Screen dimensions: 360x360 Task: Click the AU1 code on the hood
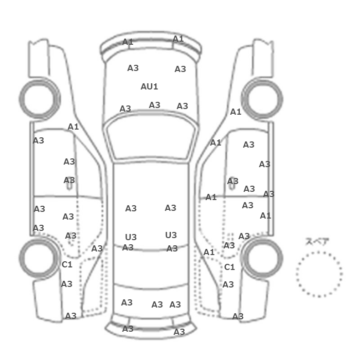(149, 86)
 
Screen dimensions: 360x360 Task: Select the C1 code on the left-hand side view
(67, 264)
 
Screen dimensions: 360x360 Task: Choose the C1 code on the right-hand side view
(229, 267)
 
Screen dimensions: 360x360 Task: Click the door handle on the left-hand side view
(69, 184)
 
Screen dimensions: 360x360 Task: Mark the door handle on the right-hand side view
(232, 184)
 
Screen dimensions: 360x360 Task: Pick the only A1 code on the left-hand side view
(73, 127)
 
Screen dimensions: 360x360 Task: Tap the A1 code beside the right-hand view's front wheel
(236, 112)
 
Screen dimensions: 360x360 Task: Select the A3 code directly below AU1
(154, 105)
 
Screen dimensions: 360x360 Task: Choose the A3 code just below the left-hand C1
(66, 284)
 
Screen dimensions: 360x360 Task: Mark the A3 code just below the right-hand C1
(228, 284)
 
